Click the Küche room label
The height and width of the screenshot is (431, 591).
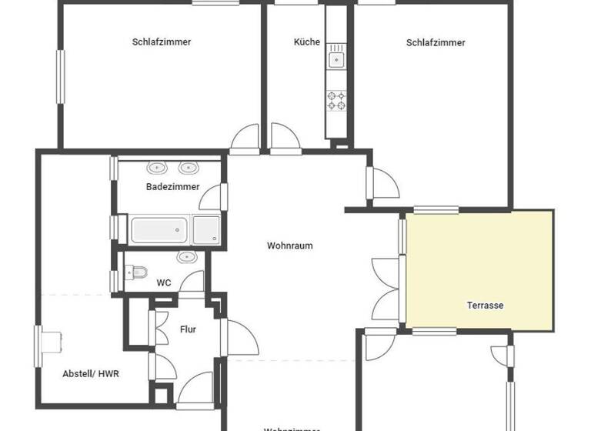(307, 42)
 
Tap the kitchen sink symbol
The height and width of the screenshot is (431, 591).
(336, 58)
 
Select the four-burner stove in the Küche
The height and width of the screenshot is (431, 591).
(336, 100)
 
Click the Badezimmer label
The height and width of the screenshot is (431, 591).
(173, 186)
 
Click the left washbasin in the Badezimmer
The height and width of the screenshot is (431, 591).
(158, 167)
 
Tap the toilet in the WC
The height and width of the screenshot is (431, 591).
(139, 272)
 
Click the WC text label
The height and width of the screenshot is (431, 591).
(164, 282)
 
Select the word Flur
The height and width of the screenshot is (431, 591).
(188, 329)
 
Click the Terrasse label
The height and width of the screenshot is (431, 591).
(485, 305)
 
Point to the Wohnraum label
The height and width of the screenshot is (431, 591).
(290, 246)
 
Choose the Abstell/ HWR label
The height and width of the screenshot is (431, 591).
(91, 374)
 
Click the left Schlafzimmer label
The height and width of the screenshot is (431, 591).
(162, 42)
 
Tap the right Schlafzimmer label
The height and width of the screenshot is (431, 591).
(436, 42)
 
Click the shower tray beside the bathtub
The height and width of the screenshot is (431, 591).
(206, 229)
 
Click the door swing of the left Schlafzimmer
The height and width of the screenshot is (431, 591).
(247, 137)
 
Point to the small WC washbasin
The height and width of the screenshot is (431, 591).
(187, 256)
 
